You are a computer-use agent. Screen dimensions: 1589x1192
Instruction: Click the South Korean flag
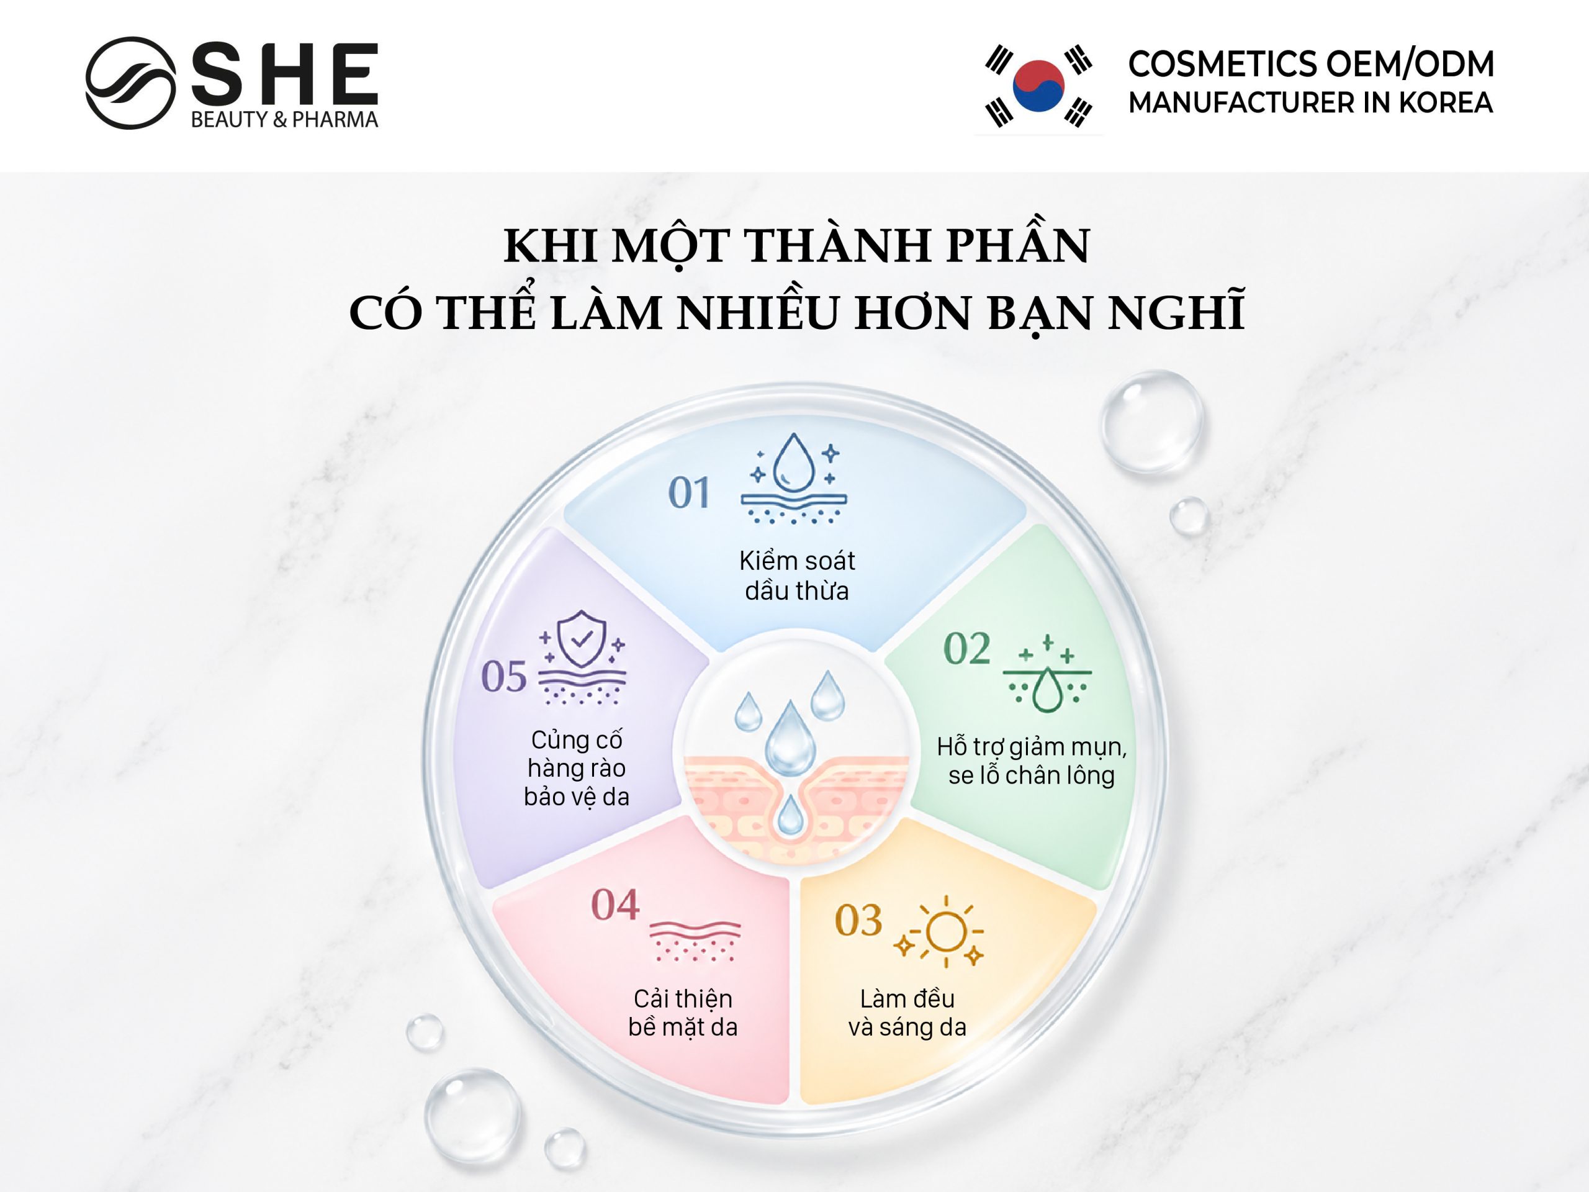(x=1038, y=86)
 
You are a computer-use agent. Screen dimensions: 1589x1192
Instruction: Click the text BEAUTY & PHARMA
(x=284, y=119)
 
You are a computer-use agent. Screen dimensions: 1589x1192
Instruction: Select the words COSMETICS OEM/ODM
(x=1311, y=64)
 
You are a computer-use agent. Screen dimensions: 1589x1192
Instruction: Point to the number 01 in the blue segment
(x=689, y=493)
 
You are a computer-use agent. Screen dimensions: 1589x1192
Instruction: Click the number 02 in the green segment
(x=967, y=649)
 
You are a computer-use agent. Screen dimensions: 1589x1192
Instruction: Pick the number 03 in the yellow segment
(x=858, y=921)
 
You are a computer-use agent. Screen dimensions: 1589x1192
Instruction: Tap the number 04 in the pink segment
(x=615, y=905)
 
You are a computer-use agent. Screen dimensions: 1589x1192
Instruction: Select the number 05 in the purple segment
(x=503, y=676)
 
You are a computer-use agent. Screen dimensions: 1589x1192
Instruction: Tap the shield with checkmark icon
(x=581, y=639)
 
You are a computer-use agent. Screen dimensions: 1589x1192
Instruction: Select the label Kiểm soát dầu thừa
(x=796, y=576)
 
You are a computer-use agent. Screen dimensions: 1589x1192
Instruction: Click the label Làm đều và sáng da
(x=907, y=1013)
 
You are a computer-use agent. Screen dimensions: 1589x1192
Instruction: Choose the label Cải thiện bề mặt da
(x=683, y=1013)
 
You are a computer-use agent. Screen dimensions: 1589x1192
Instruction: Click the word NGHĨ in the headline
(x=1176, y=311)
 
